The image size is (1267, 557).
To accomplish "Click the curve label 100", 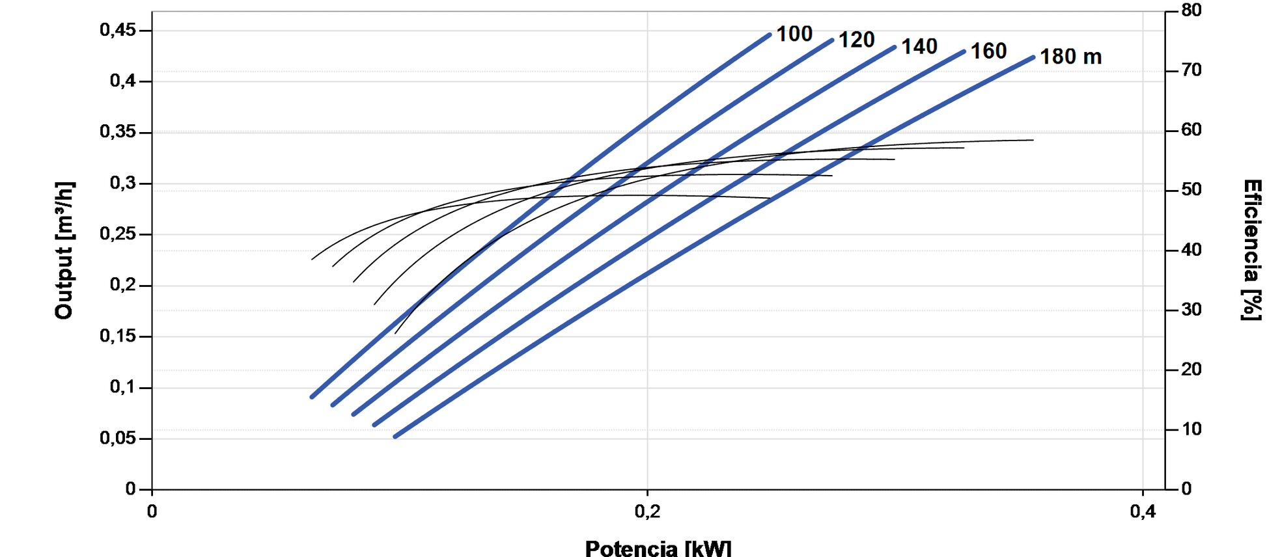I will tap(794, 34).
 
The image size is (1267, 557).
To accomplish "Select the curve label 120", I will tap(856, 40).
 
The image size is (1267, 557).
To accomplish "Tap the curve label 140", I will tap(919, 47).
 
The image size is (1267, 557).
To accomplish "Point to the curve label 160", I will tap(988, 51).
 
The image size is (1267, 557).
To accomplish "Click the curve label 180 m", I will tap(1070, 57).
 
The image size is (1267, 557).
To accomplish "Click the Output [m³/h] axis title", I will tap(64, 251).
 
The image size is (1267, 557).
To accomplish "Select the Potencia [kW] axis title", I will tap(658, 548).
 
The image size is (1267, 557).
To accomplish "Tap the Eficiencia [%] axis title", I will tap(1251, 251).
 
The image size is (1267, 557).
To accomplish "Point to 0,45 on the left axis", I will tap(118, 31).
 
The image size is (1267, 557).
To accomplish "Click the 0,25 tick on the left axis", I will tap(118, 234).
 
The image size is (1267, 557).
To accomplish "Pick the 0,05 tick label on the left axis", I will tap(118, 439).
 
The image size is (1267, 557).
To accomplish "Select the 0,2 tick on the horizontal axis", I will tap(647, 512).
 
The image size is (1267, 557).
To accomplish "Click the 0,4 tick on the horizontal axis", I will tap(1143, 512).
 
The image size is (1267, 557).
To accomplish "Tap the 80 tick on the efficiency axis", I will tap(1191, 10).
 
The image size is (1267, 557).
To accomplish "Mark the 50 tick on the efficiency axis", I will tap(1191, 190).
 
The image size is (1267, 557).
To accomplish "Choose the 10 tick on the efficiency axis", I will tap(1191, 429).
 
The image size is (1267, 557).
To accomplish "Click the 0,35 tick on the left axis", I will tap(118, 132).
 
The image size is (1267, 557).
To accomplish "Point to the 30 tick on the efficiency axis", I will tap(1191, 310).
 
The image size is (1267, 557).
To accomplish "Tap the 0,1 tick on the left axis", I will tap(122, 387).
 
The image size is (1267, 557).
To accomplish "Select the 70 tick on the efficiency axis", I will tap(1191, 70).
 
